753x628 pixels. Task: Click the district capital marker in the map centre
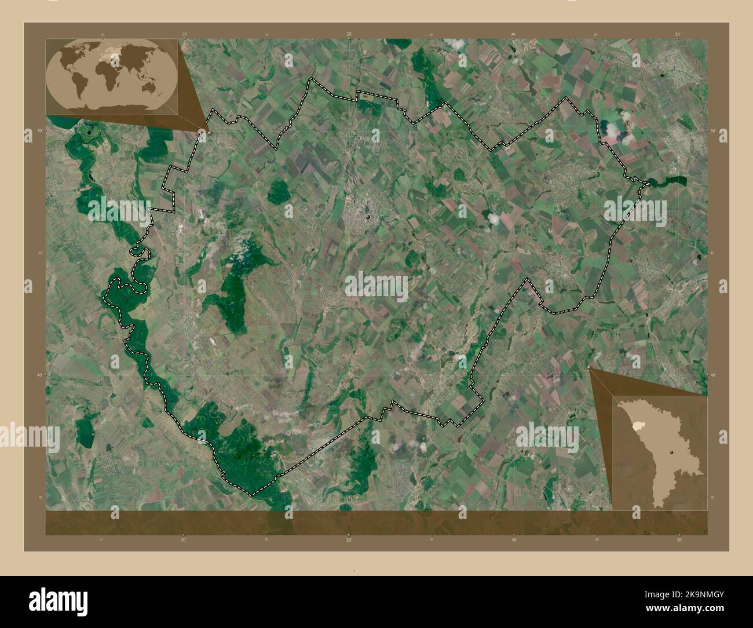click(x=368, y=217)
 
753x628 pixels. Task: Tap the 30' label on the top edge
click(x=349, y=35)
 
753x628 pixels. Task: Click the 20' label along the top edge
click(x=184, y=35)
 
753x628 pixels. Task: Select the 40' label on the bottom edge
click(x=514, y=539)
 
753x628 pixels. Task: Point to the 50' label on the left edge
click(x=39, y=131)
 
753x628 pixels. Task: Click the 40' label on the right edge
click(x=714, y=375)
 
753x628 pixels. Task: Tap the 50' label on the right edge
click(x=714, y=131)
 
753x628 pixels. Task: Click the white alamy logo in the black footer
click(x=46, y=601)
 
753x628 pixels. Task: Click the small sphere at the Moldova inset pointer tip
click(x=590, y=367)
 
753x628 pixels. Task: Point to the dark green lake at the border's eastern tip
click(x=666, y=182)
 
